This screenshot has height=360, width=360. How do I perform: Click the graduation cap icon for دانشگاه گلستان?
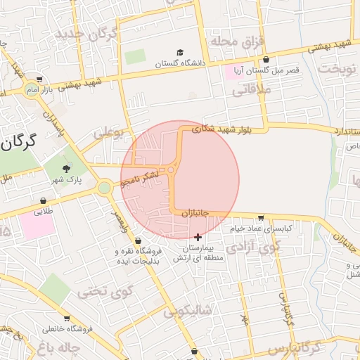[x=180, y=53]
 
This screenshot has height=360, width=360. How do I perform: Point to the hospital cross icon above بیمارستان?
[x=198, y=237]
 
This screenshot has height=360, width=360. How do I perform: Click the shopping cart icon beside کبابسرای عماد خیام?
[x=262, y=218]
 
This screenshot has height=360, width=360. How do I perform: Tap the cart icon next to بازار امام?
[x=39, y=79]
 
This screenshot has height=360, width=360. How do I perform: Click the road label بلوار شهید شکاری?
[x=221, y=129]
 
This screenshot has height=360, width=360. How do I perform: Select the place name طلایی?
[x=44, y=210]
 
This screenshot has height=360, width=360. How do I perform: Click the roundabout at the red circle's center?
[x=171, y=169]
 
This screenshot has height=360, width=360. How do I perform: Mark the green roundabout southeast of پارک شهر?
[x=105, y=188]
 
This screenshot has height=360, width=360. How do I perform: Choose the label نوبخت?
[x=336, y=68]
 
